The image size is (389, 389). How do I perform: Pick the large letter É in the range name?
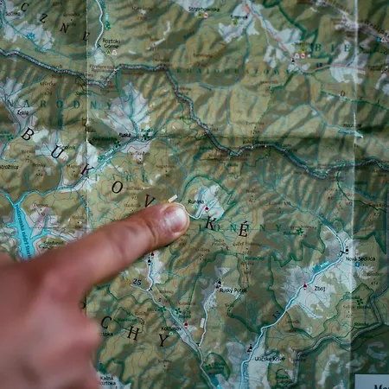tap(243, 229)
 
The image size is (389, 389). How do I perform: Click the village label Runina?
tap(195, 202)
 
